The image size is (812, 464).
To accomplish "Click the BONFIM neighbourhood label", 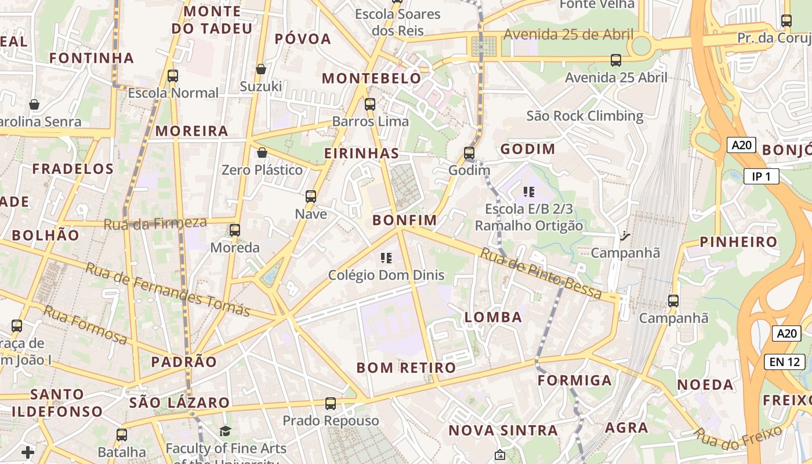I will click(404, 220).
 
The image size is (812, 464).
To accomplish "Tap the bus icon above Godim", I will click(469, 154).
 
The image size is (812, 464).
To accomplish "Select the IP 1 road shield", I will click(761, 177).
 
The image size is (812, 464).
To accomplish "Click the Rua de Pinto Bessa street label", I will click(541, 274).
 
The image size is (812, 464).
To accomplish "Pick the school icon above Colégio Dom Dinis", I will click(386, 258).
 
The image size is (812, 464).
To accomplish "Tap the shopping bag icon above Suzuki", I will click(261, 69).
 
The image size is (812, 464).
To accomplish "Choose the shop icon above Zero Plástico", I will click(262, 153).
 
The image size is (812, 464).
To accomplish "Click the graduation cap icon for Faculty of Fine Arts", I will click(225, 431).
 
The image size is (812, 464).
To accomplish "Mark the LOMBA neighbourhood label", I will click(493, 317).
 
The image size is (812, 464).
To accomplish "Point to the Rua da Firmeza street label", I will click(155, 223).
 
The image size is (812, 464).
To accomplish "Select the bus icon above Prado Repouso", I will click(331, 404).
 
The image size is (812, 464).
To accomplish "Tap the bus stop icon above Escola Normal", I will click(173, 76).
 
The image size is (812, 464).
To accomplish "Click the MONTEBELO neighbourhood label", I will click(372, 78).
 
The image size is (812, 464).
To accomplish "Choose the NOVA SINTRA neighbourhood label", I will click(503, 430).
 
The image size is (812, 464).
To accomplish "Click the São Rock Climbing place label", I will click(585, 116).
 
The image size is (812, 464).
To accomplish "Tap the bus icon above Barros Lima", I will click(370, 105).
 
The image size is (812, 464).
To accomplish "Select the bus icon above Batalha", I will click(122, 435).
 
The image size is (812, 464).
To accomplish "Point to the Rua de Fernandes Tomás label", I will click(168, 289).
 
